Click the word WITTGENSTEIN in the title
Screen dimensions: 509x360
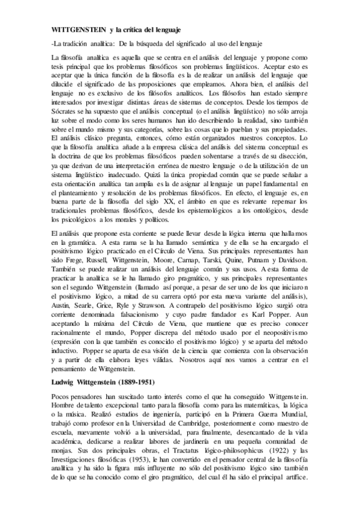pos(79,28)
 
